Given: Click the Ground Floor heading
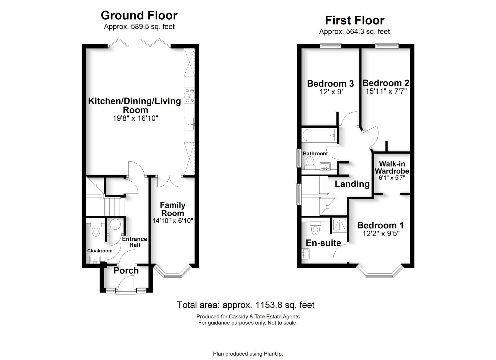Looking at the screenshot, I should (139, 15).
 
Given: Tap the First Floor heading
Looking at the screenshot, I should (354, 20).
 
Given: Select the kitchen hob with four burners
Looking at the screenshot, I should (189, 95).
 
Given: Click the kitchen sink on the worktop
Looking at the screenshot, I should (189, 125).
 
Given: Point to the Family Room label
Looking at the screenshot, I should (172, 209).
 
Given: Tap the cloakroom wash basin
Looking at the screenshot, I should (95, 259).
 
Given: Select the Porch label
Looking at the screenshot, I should (126, 271).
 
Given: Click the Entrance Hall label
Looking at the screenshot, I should (134, 242).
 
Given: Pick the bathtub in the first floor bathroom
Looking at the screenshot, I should (319, 135).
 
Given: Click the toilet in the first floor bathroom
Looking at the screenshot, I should (310, 162).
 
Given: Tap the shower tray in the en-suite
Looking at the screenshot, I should (339, 225).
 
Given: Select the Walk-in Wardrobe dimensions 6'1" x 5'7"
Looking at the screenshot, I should (391, 178).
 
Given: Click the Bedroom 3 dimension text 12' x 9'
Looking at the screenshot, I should (331, 92).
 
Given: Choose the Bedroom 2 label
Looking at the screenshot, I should (386, 83).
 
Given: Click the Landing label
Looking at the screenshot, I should (352, 184).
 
